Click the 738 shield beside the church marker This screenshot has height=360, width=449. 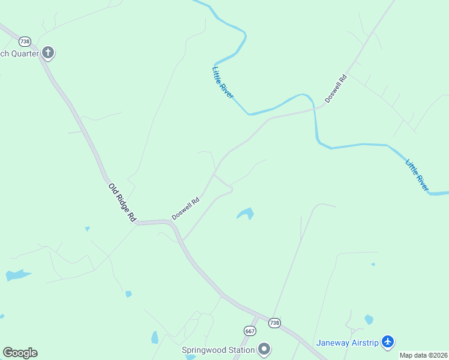click(x=25, y=41)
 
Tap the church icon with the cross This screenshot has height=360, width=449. click(x=48, y=53)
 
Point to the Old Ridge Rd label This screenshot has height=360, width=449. click(x=123, y=203)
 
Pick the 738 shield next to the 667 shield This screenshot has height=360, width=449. click(x=274, y=323)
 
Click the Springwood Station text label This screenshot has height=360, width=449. click(x=218, y=350)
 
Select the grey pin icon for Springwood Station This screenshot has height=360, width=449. click(x=264, y=349)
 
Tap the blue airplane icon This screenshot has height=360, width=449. click(x=388, y=341)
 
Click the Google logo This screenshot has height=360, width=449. click(x=20, y=353)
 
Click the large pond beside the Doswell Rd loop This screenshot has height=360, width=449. click(x=246, y=214)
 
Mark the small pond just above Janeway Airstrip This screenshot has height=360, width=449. click(x=369, y=320)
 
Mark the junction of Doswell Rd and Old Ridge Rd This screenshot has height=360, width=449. click(x=172, y=223)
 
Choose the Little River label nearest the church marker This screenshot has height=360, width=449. click(x=222, y=83)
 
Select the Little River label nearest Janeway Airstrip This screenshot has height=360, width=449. click(x=417, y=175)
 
